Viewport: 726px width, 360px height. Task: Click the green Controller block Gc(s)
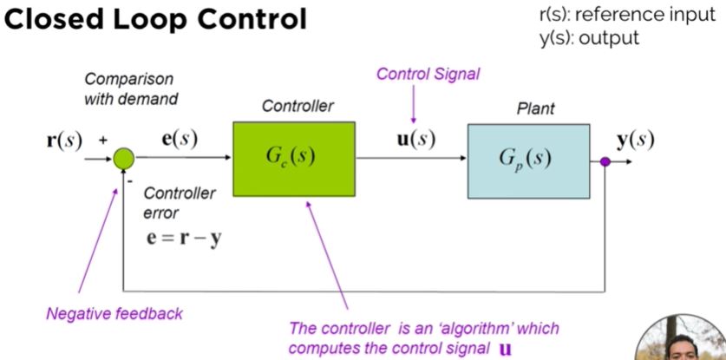(294, 159)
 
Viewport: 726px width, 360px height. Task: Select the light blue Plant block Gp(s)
(528, 161)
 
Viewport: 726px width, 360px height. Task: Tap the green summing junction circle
(124, 159)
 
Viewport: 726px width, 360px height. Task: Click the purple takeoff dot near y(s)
(605, 161)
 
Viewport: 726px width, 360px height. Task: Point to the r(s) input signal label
(64, 140)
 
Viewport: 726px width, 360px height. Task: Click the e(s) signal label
(180, 140)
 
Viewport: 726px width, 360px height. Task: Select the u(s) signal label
(417, 140)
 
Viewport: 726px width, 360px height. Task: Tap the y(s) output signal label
(635, 141)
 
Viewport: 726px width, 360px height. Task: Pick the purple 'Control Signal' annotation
(428, 74)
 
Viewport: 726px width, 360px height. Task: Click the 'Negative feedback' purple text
(114, 314)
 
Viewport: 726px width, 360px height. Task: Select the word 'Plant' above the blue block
(535, 108)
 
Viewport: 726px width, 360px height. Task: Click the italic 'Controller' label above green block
(298, 106)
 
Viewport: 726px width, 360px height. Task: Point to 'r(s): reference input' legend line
(627, 15)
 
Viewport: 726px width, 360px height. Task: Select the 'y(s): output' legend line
(589, 37)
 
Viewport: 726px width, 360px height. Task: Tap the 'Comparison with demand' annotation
(131, 88)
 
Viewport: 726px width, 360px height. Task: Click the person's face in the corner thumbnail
(682, 348)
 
